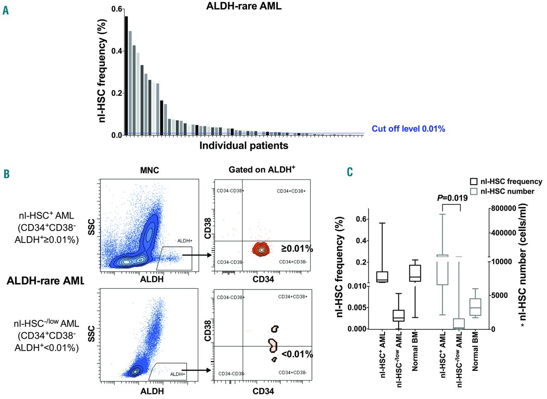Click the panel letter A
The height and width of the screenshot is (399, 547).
pyautogui.click(x=6, y=10)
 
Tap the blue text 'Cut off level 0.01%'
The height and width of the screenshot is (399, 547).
pyautogui.click(x=409, y=128)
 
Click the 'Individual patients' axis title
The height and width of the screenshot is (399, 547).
pyautogui.click(x=244, y=145)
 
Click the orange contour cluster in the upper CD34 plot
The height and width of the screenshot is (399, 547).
pyautogui.click(x=262, y=248)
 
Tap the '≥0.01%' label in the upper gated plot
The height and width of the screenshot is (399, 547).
pyautogui.click(x=297, y=248)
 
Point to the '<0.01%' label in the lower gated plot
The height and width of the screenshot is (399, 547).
pyautogui.click(x=297, y=354)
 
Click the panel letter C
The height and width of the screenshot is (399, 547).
pyautogui.click(x=350, y=172)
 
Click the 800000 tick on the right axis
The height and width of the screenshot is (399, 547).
pyautogui.click(x=506, y=208)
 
